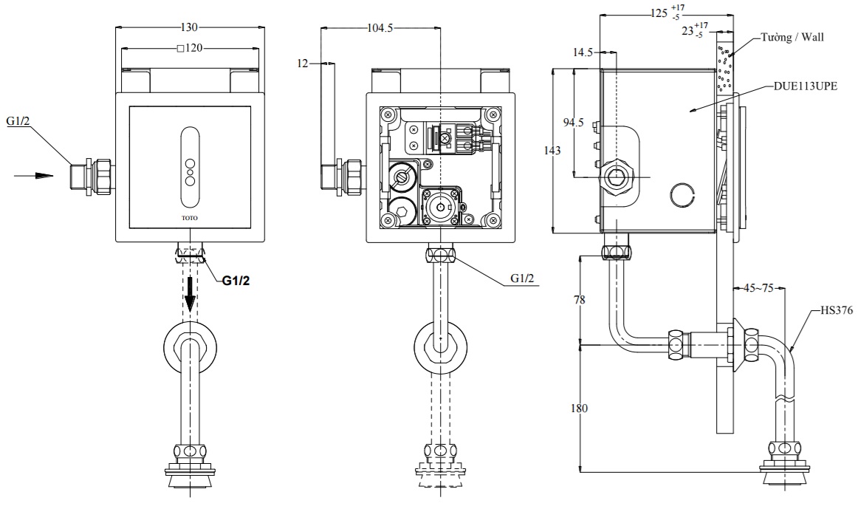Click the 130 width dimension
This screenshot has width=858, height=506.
190,27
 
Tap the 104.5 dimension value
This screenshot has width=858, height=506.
380,28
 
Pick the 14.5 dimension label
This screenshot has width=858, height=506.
583,52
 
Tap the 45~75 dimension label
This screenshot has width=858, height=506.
758,288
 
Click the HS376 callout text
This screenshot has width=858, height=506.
836,311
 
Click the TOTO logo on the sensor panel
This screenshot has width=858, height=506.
190,218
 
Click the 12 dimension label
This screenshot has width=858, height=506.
303,64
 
